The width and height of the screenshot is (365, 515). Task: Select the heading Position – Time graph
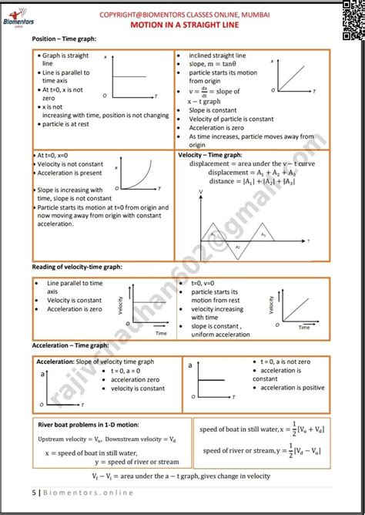[x=64, y=39]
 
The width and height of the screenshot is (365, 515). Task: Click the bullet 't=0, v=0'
[x=208, y=284]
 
